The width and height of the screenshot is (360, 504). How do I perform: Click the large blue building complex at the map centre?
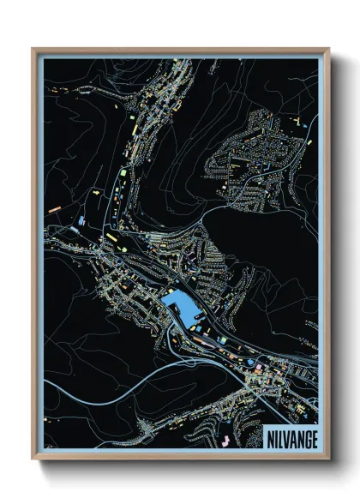pos(180,303)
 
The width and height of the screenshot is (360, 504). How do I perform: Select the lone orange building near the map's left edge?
pos(54,208)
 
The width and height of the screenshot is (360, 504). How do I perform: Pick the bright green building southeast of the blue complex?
pos(222,339)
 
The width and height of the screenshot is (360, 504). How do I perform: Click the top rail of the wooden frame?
pos(180,51)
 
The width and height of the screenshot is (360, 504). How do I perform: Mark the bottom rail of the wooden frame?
pos(180,456)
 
